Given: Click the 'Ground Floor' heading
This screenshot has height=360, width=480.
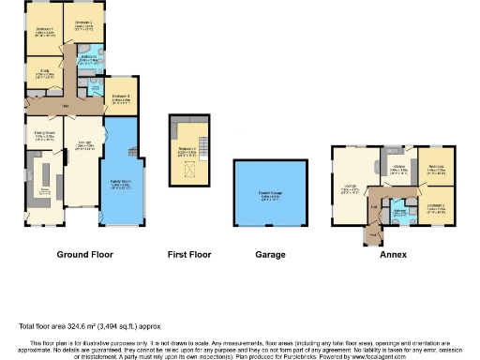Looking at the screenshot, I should [85, 254].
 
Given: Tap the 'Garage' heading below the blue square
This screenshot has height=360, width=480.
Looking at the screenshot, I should [270, 254].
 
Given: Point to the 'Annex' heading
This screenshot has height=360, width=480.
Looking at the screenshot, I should [392, 254].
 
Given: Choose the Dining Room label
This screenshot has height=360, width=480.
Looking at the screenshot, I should [43, 136].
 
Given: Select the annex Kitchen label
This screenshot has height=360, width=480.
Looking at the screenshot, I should [398, 167].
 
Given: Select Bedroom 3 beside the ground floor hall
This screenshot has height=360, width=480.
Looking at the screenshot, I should [119, 97].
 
